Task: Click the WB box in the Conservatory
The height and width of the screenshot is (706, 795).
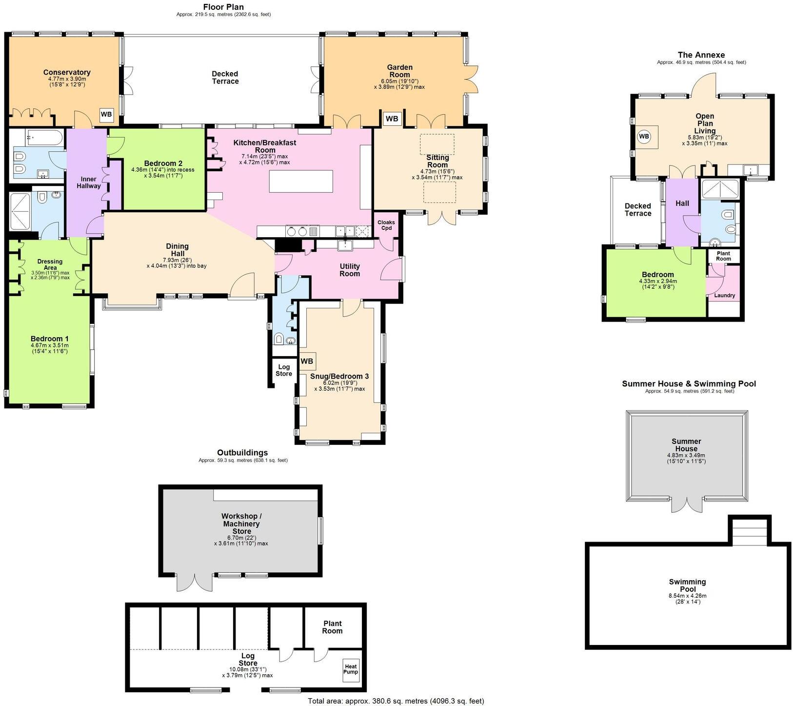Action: pos(106,116)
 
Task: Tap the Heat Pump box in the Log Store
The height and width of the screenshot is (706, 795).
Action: pos(351,669)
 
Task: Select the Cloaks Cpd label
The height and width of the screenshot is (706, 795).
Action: pos(386,225)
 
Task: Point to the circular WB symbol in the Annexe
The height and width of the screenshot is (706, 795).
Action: pos(644,137)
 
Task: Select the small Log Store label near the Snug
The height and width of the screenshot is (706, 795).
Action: pos(284,370)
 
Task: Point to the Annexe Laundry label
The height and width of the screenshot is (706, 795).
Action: pos(724,295)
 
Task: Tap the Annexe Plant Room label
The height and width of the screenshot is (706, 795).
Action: pos(723,256)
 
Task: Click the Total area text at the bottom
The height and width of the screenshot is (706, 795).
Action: pos(396,701)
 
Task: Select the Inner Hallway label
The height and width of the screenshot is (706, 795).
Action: pos(88,182)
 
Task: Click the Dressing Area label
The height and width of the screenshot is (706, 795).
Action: pos(50,264)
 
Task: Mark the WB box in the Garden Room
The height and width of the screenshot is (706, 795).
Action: pos(392,119)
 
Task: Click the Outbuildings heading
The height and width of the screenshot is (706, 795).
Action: pos(242,453)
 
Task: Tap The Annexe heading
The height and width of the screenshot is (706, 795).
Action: pos(701,55)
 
